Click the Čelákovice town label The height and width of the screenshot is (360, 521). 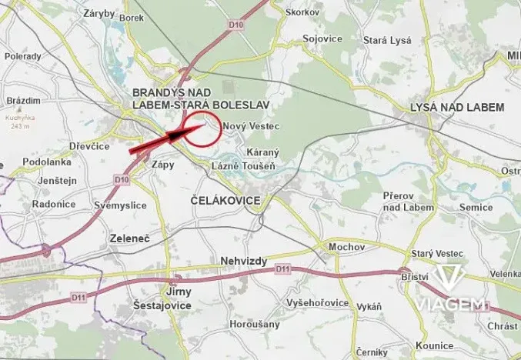point(225,200)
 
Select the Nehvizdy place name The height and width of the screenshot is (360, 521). point(243,262)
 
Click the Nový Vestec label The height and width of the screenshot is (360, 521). point(249,125)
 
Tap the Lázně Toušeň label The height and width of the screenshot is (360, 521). point(245,167)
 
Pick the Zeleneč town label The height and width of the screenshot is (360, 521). point(129,238)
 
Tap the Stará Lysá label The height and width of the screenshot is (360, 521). point(387,40)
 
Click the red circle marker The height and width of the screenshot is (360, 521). point(202,128)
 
